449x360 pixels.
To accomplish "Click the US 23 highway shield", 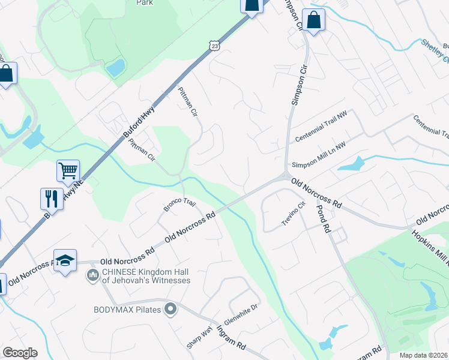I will (x=215, y=45).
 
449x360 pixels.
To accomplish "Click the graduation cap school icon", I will (x=65, y=260).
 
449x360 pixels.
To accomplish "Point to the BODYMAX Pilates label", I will (x=128, y=310).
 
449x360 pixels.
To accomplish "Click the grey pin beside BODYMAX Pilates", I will (x=171, y=310).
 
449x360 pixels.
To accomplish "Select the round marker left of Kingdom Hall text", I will (x=92, y=275).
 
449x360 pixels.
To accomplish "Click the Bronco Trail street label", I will (x=180, y=205).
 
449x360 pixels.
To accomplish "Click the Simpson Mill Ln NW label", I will (x=319, y=155).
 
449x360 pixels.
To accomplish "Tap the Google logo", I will (x=20, y=353).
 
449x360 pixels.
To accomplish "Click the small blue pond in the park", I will (x=115, y=68).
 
